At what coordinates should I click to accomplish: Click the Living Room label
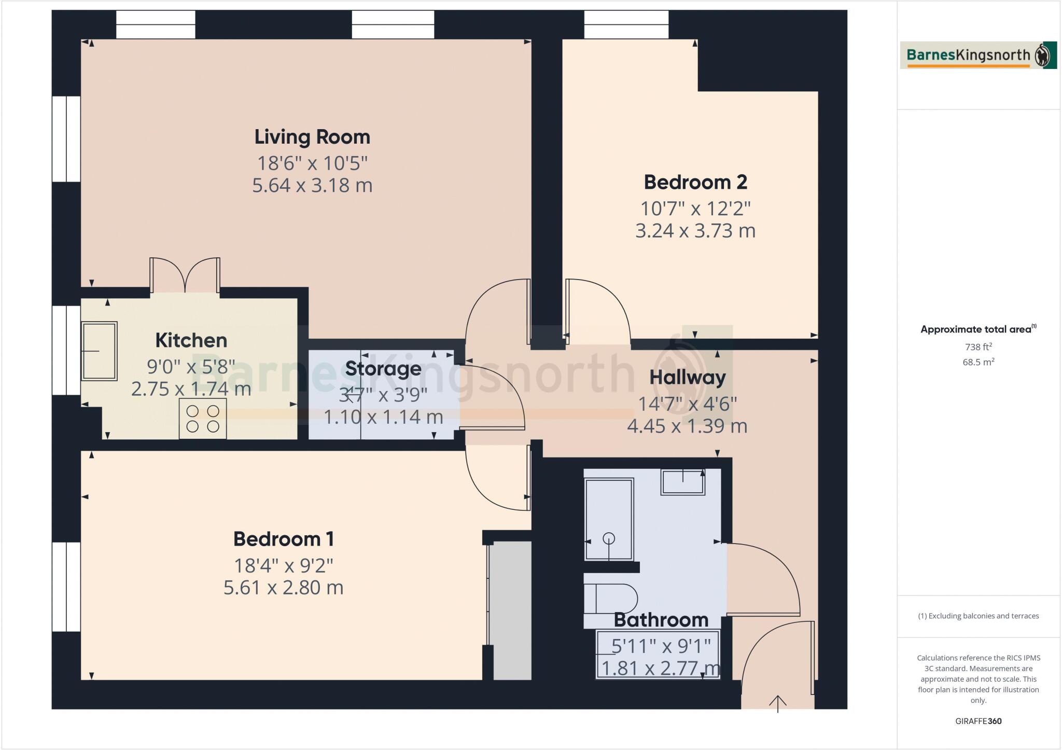[312, 137]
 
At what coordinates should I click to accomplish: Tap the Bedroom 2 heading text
[695, 182]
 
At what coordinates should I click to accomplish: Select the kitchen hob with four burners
[203, 419]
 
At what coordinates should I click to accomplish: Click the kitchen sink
[99, 351]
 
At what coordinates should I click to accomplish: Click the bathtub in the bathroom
[609, 519]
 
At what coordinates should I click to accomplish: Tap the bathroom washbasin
[683, 482]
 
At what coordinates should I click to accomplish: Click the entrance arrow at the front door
[778, 704]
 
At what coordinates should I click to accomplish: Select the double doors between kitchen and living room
[185, 275]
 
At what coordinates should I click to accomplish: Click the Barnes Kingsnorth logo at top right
[978, 55]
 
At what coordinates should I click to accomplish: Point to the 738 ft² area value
[979, 347]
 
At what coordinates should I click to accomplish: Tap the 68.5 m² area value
[979, 362]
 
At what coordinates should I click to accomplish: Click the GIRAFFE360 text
[979, 721]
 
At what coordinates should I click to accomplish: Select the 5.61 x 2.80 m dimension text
[283, 588]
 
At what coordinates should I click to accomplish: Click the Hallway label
[688, 377]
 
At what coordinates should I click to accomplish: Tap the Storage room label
[383, 368]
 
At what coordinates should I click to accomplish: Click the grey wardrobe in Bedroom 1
[512, 610]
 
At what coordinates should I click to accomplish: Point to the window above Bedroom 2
[626, 24]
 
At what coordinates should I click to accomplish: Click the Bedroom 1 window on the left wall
[66, 587]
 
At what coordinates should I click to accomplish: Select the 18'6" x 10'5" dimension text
[312, 163]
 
